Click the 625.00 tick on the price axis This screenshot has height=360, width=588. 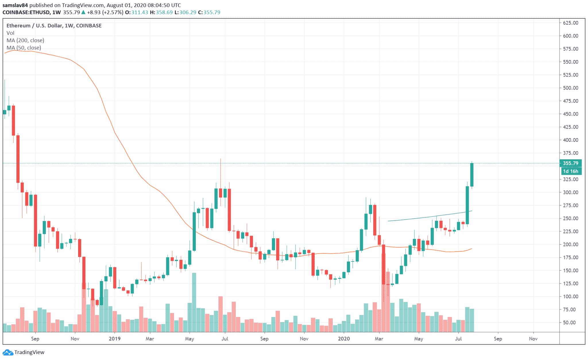570,23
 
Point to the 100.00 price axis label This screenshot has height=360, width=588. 570,297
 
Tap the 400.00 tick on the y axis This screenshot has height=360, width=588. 570,140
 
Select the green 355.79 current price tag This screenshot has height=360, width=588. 570,163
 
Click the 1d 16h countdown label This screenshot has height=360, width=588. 571,171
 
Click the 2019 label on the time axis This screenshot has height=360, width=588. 115,339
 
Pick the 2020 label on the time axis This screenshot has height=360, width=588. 344,339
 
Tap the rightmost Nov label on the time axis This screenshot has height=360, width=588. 533,339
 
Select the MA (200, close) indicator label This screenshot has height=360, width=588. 25,40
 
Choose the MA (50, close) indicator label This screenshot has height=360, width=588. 24,48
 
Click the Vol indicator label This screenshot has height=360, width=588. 10,33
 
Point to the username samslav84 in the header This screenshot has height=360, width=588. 15,5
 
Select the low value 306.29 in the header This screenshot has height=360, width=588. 188,13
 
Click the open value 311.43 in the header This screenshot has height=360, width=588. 140,13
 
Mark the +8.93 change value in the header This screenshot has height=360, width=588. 94,13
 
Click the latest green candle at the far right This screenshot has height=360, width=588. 472,175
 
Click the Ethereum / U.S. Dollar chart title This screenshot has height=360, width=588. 54,26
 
